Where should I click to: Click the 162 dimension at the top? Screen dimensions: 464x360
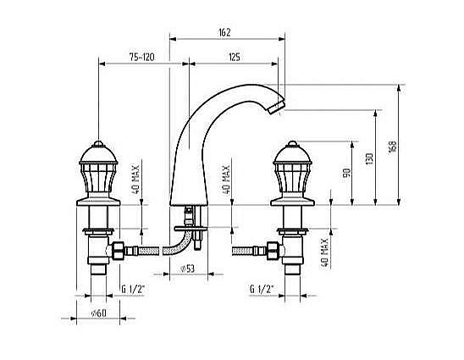pyautogui.click(x=224, y=32)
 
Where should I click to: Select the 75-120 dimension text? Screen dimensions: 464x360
pyautogui.click(x=141, y=57)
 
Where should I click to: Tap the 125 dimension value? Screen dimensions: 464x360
pyautogui.click(x=234, y=57)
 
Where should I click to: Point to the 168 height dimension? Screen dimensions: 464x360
pyautogui.click(x=392, y=147)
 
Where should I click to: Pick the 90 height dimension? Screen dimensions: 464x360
pyautogui.click(x=346, y=172)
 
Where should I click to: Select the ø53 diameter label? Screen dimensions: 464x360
pyautogui.click(x=187, y=269)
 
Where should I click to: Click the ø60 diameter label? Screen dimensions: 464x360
pyautogui.click(x=98, y=313)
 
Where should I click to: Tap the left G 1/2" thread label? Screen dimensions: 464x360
pyautogui.click(x=133, y=289)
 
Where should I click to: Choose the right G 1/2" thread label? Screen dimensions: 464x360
pyautogui.click(x=262, y=289)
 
